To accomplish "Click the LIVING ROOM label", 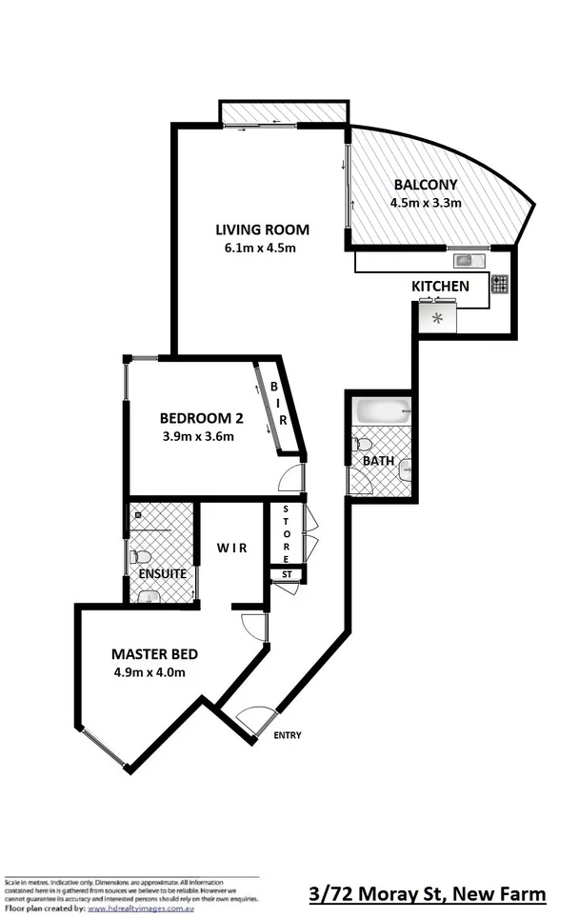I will [x=262, y=229].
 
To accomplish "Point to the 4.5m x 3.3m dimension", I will [x=425, y=203].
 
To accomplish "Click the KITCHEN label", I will [x=439, y=286].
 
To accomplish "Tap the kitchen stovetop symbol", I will [x=499, y=283].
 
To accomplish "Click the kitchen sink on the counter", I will [x=468, y=259].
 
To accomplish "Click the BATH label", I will [x=377, y=461].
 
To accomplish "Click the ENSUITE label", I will [x=162, y=574].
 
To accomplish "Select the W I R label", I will [x=231, y=549].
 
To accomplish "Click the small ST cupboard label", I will [x=285, y=574].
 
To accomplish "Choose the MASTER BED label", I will [x=154, y=654].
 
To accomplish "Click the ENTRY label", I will [x=288, y=735].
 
